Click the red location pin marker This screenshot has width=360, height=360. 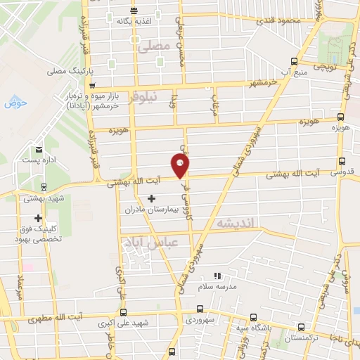click(181, 166)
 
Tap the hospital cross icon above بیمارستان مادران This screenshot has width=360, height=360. click(151, 199)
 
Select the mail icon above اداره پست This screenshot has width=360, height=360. click(39, 149)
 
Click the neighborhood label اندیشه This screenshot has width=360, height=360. click(238, 223)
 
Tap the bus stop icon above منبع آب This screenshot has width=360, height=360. click(295, 60)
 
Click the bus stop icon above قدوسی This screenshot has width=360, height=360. click(341, 161)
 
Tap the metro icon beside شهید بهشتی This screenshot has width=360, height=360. click(44, 187)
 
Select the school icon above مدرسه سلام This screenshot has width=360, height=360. click(217, 276)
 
